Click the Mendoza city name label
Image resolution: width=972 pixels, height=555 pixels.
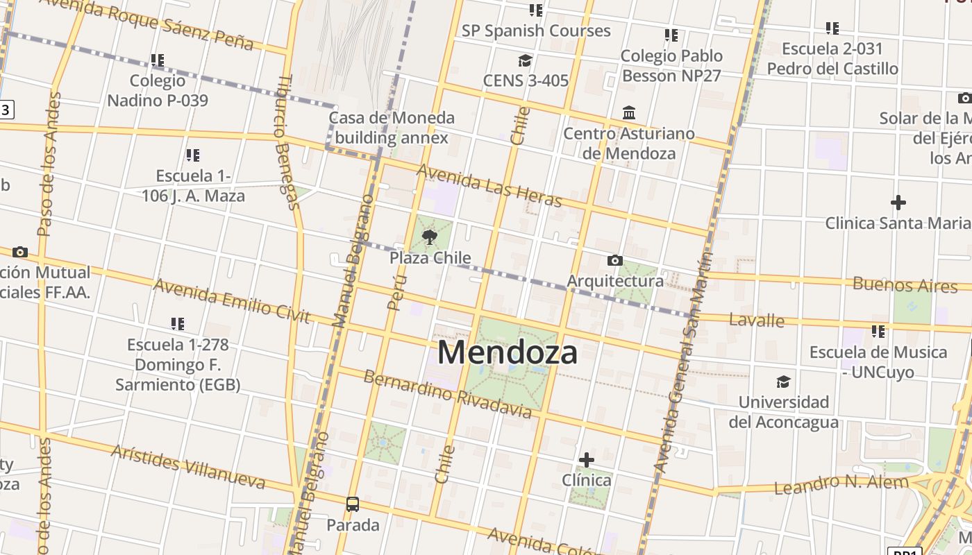[x=508, y=352]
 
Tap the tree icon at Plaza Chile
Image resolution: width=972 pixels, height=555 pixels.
[x=430, y=237]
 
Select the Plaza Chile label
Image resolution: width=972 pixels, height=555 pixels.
[x=430, y=258]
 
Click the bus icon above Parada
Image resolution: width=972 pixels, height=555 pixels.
[x=353, y=504]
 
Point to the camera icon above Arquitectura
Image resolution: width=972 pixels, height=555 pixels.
[x=614, y=261]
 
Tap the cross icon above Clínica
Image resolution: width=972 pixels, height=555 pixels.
[x=587, y=459]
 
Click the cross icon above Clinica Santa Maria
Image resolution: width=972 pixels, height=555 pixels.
[x=898, y=203]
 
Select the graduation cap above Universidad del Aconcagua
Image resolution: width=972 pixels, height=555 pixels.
[x=783, y=382]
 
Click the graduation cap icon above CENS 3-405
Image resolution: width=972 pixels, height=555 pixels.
[x=525, y=60]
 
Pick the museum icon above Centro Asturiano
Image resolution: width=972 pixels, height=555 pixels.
[x=629, y=112]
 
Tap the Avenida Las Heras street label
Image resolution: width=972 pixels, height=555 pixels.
[x=489, y=185]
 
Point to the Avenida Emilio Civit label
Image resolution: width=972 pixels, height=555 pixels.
[x=231, y=300]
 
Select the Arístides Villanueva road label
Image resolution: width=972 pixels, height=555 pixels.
[x=188, y=466]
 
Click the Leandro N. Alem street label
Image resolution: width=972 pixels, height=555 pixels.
[x=841, y=484]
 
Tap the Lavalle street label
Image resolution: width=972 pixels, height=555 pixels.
[x=757, y=321]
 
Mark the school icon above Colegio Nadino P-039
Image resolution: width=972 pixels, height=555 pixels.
[x=158, y=60]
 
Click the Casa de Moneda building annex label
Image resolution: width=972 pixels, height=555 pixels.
[x=392, y=128]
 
